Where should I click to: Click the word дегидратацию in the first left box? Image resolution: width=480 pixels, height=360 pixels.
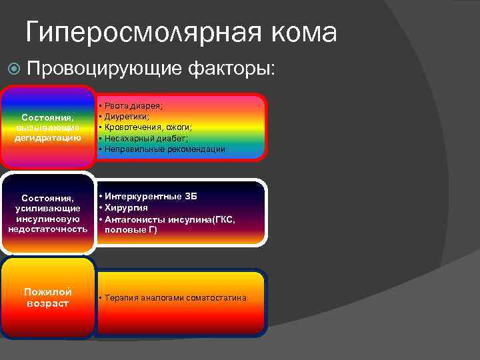click(48, 137)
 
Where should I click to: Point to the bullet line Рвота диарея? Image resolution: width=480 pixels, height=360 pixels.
click(133, 105)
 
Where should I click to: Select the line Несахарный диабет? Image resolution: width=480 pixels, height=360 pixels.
click(144, 138)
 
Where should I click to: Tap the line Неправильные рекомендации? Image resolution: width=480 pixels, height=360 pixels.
click(164, 149)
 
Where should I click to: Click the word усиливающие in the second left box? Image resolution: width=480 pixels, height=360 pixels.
click(48, 209)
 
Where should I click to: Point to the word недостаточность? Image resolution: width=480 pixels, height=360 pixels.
click(48, 229)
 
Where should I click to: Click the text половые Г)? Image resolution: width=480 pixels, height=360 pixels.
click(131, 229)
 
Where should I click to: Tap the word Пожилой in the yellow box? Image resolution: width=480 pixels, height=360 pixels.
click(48, 292)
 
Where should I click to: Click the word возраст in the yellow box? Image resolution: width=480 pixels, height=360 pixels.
click(48, 303)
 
